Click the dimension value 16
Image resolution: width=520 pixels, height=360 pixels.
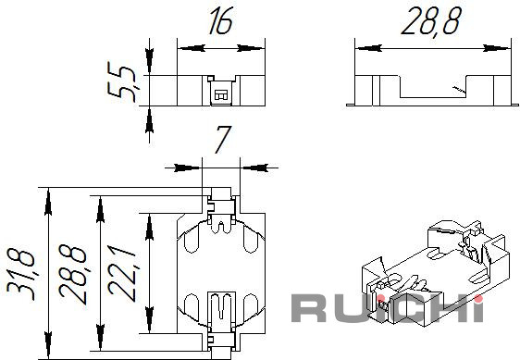point(220,20)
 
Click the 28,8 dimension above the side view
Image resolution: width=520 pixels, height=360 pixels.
point(431,20)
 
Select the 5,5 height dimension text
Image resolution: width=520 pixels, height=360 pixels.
point(122,81)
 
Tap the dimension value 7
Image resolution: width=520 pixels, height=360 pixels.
point(222,140)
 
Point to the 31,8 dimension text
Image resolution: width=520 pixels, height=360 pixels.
point(20,276)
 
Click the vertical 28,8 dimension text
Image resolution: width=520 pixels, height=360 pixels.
point(72,274)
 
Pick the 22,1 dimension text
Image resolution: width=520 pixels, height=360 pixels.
point(122,274)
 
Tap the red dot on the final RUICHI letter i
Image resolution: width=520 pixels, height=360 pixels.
point(478,299)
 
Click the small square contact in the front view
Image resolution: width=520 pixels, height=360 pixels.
point(219,94)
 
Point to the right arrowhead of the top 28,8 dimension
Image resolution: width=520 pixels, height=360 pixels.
point(496,48)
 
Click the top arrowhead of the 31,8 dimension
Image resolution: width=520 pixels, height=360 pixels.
point(48,202)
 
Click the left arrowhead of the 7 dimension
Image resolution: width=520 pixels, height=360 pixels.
point(189,168)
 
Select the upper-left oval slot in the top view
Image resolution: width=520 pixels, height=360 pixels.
point(191,238)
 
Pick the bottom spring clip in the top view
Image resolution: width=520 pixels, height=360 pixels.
point(221,311)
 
